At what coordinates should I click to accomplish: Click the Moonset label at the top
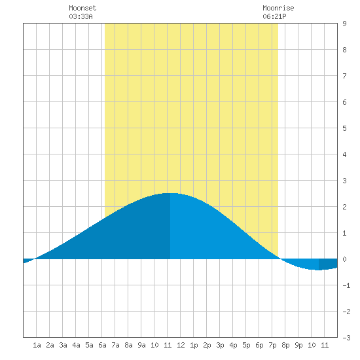coord(82,8)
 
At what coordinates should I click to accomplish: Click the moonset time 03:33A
coord(81,16)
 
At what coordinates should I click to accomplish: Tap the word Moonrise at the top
coord(278,8)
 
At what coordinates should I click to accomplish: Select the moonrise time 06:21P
coord(274,16)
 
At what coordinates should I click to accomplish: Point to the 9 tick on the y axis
coord(344,24)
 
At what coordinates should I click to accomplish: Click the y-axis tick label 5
coord(344,128)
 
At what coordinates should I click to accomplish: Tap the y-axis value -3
coord(346,338)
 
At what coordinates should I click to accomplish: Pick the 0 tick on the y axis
coord(344,259)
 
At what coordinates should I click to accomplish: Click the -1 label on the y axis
coord(346,285)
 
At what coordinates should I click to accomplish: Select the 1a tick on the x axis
coord(37,345)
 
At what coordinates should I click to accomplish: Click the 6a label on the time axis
coord(102,345)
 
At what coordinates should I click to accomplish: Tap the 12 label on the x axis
coord(181,345)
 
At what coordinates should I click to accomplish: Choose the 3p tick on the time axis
coord(220,345)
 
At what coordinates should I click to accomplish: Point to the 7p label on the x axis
coord(272,345)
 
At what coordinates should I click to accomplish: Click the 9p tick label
coord(298,345)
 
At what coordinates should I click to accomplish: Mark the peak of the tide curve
coord(170,193)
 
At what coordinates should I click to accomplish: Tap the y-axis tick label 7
coord(344,76)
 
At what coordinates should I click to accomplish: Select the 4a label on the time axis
coord(76,345)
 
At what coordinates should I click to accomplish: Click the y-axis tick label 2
coord(344,207)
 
